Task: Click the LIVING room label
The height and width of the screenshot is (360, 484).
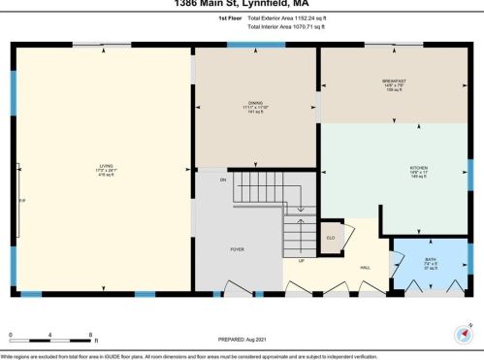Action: [106, 165]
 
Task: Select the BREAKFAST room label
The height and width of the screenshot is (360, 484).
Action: [393, 82]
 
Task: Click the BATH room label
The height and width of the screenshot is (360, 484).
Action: [430, 259]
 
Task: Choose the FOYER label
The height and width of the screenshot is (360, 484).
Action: [237, 249]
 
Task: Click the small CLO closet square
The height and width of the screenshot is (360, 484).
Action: [330, 238]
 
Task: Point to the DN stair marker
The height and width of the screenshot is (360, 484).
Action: [222, 180]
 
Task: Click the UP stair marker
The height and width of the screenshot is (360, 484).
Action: [302, 261]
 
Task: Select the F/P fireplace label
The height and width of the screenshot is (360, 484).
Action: [22, 201]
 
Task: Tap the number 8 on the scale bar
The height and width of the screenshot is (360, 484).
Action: [91, 336]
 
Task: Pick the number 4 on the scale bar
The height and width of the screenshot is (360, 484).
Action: [50, 336]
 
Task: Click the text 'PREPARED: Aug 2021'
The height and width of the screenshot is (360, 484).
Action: [242, 339]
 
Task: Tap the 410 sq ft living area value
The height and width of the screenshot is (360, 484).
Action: [106, 177]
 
